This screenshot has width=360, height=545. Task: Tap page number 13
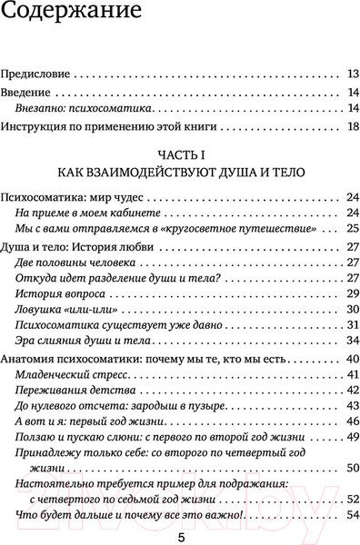pos(354,73)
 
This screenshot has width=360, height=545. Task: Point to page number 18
pos(354,127)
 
